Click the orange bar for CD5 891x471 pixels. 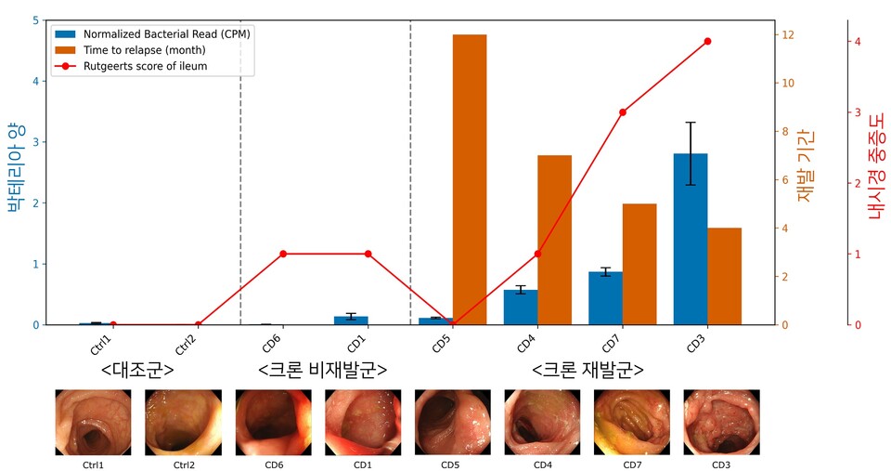(470, 179)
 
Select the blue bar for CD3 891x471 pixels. (691, 239)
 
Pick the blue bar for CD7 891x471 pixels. (605, 297)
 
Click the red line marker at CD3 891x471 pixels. (707, 42)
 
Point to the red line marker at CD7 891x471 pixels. (623, 112)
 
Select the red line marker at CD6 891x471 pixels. (283, 254)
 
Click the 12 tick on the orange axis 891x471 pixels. (787, 35)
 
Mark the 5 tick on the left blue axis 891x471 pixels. (35, 20)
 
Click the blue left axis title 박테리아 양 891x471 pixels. (14, 169)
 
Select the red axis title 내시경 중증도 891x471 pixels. (874, 172)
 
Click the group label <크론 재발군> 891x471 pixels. (588, 370)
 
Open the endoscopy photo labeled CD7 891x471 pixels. (632, 422)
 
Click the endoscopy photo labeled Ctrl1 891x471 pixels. (93, 422)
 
